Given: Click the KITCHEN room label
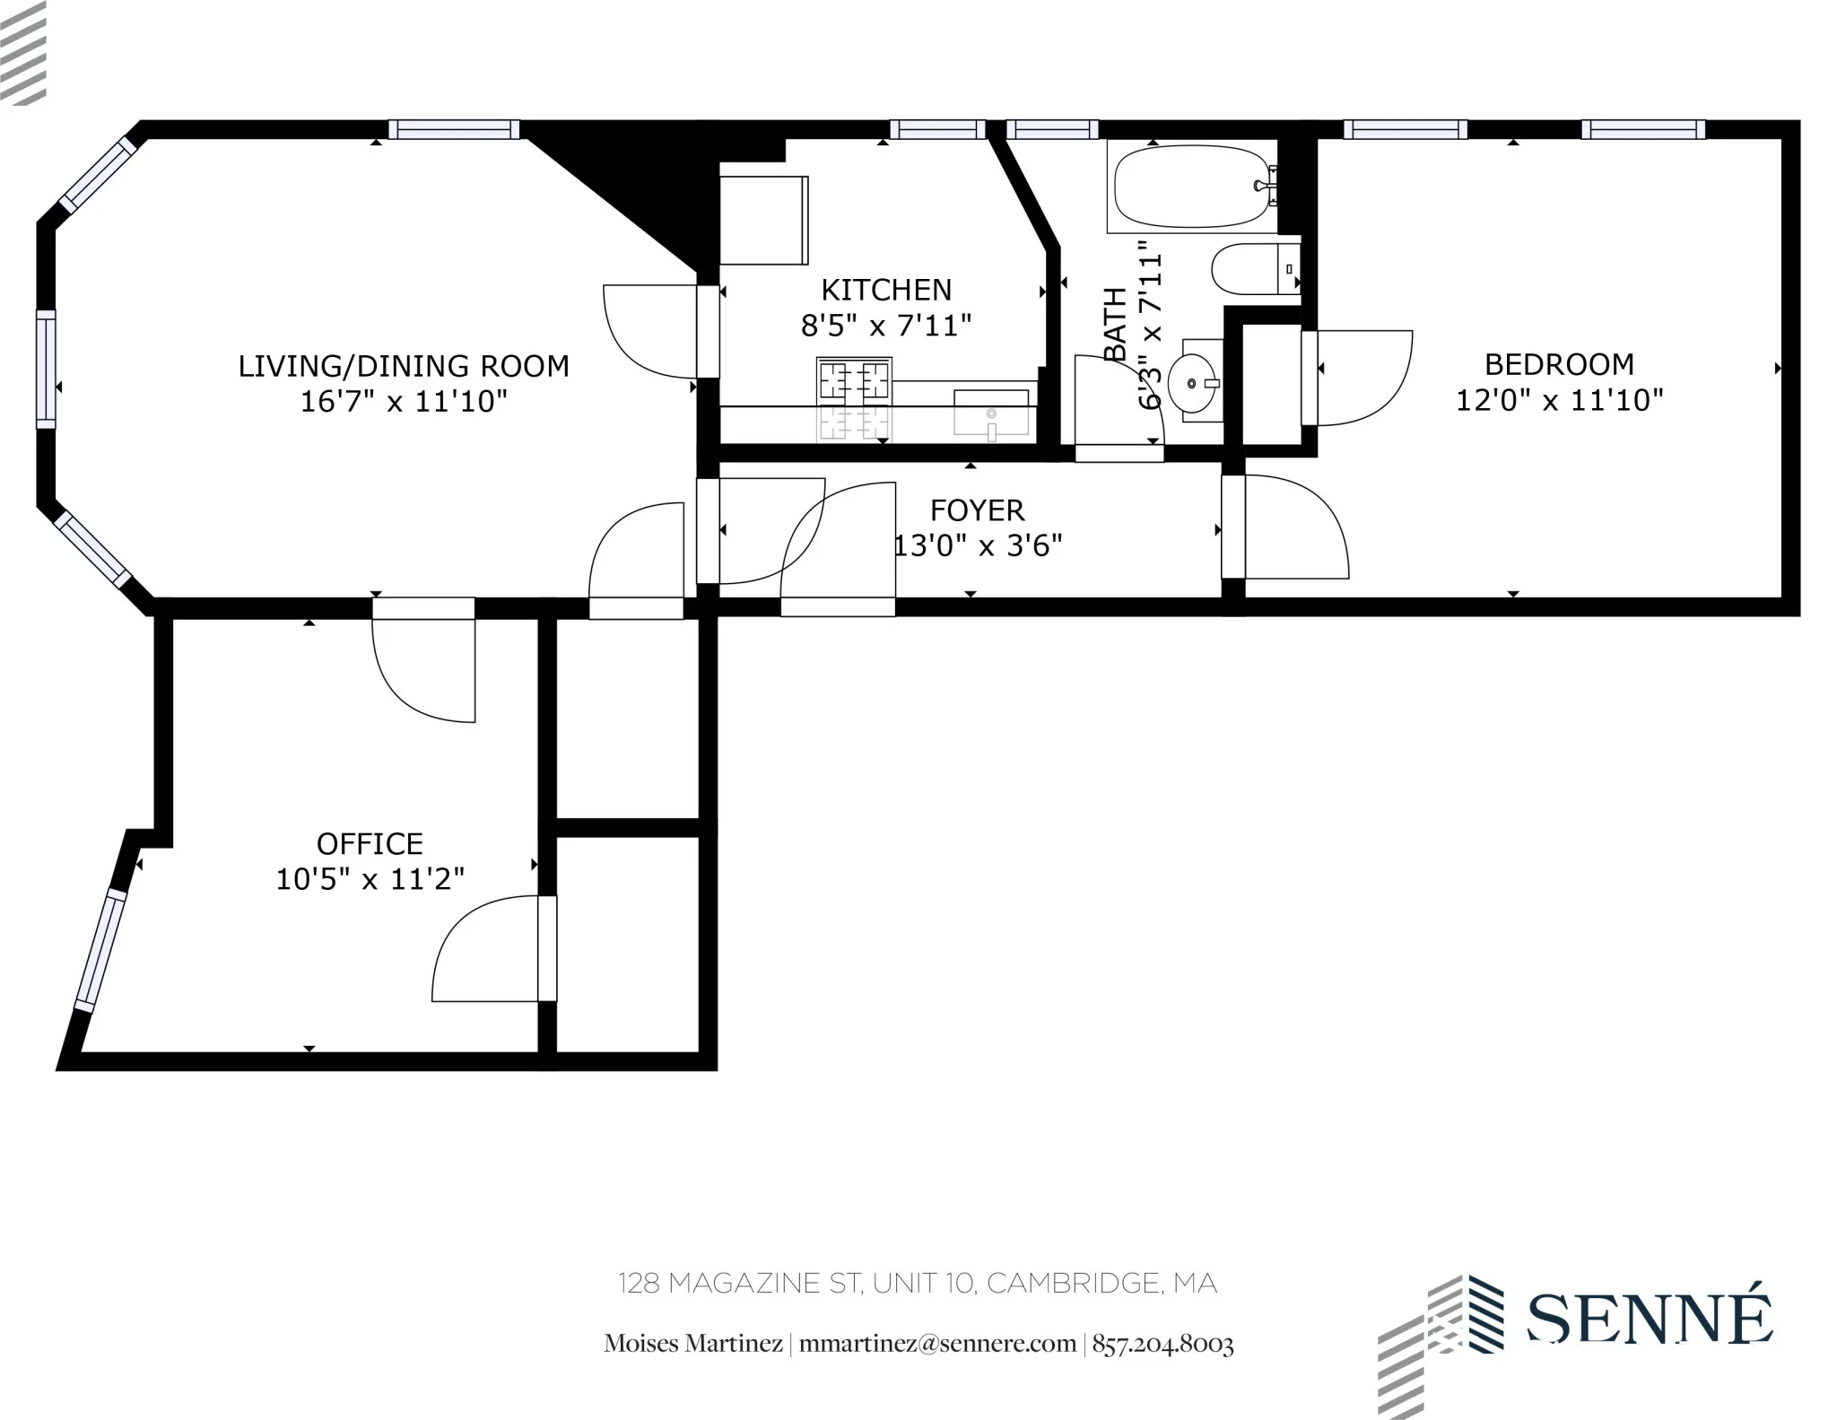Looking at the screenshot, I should pyautogui.click(x=885, y=290).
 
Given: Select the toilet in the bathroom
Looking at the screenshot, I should pyautogui.click(x=1250, y=268).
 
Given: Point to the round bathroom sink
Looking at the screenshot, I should pyautogui.click(x=1193, y=384).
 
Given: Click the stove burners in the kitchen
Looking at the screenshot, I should pyautogui.click(x=853, y=379).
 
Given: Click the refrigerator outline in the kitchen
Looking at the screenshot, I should pyautogui.click(x=763, y=220).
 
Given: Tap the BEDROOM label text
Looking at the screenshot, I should pyautogui.click(x=1559, y=364).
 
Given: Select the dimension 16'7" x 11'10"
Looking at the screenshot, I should pyautogui.click(x=404, y=401).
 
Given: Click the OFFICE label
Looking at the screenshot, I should pyautogui.click(x=370, y=843).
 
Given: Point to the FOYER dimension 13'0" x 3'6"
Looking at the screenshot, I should pyautogui.click(x=978, y=544).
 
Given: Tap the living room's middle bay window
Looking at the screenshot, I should pyautogui.click(x=46, y=369).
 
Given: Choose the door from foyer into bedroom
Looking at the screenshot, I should pyautogui.click(x=1292, y=527).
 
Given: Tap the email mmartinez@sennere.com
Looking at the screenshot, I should pyautogui.click(x=937, y=1344).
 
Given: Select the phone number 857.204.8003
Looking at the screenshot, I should pyautogui.click(x=1162, y=1344).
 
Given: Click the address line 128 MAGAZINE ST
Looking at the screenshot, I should pyautogui.click(x=917, y=1284).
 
